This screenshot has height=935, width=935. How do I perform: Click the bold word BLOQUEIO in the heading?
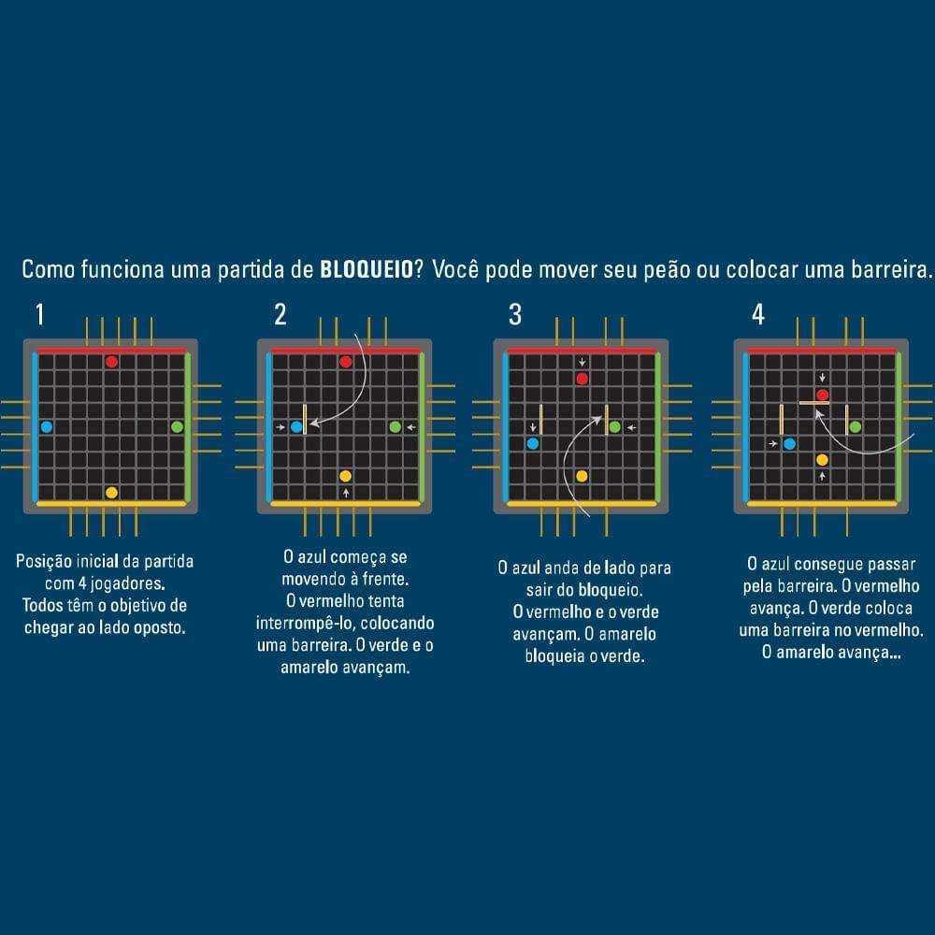[367, 269]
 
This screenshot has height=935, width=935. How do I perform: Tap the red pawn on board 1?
[111, 361]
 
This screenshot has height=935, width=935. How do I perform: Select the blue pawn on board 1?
[47, 427]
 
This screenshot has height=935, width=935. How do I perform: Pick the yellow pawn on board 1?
[111, 493]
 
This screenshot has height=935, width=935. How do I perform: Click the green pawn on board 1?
[177, 427]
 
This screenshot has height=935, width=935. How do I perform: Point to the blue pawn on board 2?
[296, 427]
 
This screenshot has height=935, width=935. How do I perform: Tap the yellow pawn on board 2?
[345, 476]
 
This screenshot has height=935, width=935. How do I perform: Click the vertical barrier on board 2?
[305, 419]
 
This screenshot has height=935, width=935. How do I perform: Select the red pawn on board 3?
[582, 378]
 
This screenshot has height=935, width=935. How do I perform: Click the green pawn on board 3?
[615, 427]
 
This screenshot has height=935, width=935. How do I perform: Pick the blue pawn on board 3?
[533, 443]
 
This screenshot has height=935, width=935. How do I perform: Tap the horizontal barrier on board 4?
[814, 403]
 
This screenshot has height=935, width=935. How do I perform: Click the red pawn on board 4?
[822, 395]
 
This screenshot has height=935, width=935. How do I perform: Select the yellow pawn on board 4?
[822, 460]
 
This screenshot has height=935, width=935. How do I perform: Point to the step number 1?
[40, 313]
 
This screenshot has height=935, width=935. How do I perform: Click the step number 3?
[515, 314]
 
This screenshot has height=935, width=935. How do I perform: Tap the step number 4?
[758, 314]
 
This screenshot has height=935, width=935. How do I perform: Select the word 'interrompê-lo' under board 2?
[306, 623]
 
